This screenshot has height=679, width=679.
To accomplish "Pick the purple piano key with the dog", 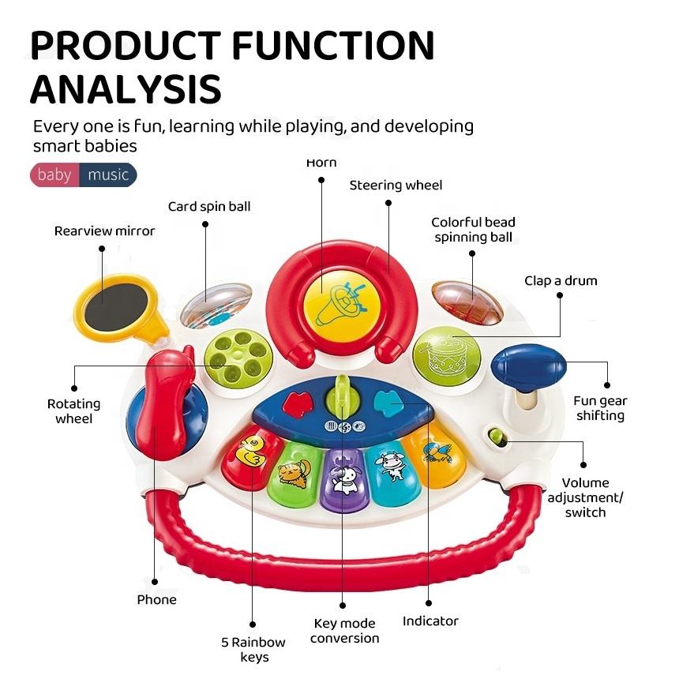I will [x=343, y=478].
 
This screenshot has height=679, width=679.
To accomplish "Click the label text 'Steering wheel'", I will [x=396, y=186].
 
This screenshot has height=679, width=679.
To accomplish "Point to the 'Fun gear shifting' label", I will [x=600, y=408].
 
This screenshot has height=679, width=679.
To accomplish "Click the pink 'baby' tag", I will [x=54, y=174].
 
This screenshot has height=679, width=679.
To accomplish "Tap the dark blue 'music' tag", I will [x=108, y=174].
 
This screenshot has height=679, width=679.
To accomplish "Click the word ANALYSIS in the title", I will [x=126, y=88].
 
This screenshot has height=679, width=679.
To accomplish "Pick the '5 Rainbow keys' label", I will [x=253, y=650].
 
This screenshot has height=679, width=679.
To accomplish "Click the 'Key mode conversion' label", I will [x=344, y=631].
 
